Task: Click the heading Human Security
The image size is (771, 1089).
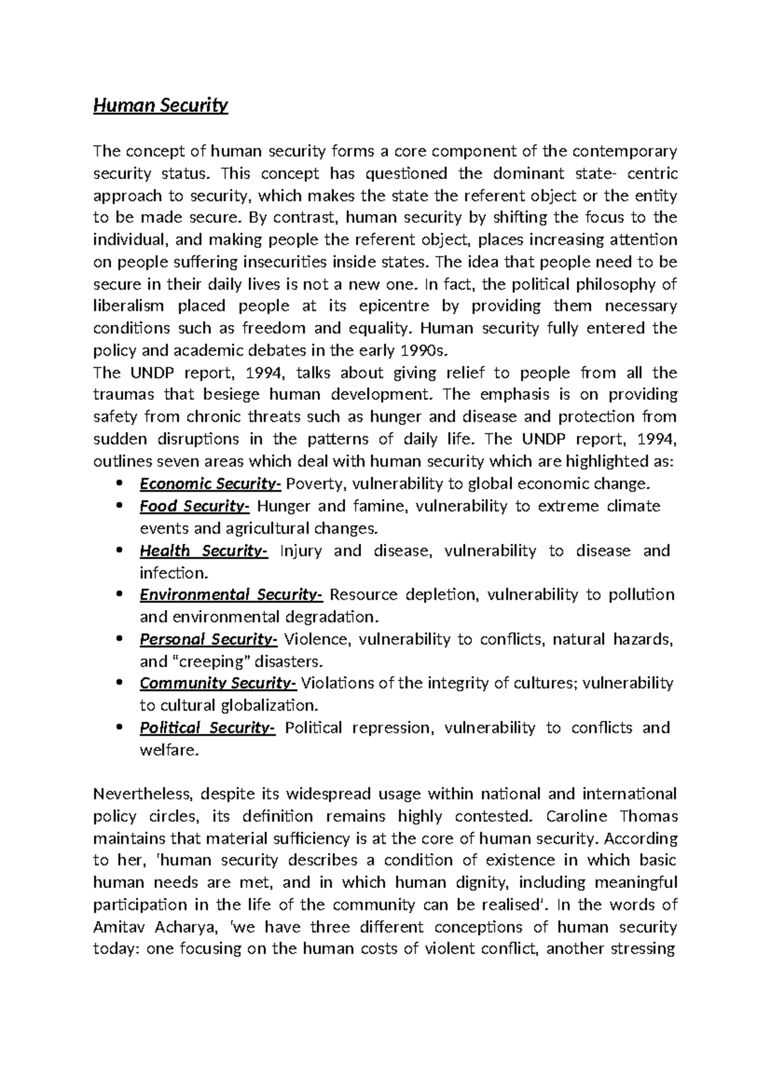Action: [x=161, y=105]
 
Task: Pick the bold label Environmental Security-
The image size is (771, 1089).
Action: [x=231, y=595]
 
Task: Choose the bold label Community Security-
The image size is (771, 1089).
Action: [x=218, y=683]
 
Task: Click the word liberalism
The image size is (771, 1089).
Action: [x=128, y=306]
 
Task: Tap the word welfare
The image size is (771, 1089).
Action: [x=166, y=750]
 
